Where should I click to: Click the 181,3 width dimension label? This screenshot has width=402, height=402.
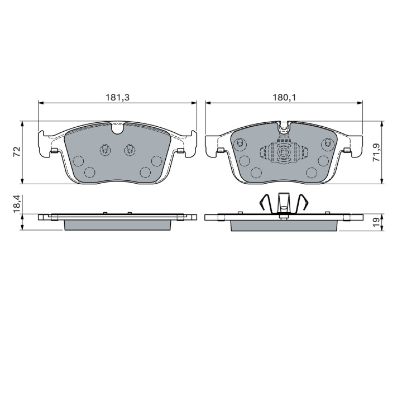[x=118, y=97]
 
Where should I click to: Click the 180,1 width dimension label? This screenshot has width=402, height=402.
[x=284, y=97]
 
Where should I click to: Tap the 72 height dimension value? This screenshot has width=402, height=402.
[x=17, y=152]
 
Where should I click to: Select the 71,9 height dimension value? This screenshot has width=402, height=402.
[x=376, y=152]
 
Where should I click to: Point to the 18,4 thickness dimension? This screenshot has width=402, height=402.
[x=17, y=204]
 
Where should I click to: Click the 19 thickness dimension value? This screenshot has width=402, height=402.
[x=376, y=222]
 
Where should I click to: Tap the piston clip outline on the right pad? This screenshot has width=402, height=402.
[x=284, y=153]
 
